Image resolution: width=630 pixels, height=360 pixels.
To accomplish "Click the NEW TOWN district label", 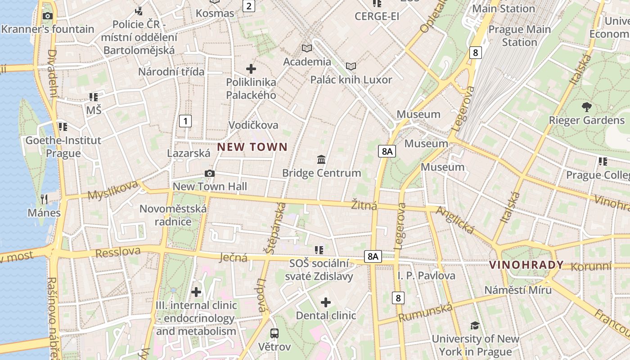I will (252, 147).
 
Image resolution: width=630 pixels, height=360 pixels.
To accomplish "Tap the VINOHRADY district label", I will (526, 265).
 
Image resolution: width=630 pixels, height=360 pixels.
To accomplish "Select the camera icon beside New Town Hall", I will (209, 174).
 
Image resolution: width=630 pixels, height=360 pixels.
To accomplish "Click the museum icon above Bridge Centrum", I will (321, 159).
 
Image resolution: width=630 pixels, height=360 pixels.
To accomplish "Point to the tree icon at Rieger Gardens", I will (586, 107).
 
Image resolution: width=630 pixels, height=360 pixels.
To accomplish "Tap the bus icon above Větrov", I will (274, 333).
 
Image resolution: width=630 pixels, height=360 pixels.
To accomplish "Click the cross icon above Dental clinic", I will (326, 302).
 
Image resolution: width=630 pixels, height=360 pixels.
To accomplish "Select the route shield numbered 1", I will (185, 121).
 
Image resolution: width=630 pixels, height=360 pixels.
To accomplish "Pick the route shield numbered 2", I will (248, 6).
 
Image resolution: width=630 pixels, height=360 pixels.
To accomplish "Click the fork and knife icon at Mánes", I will (44, 199).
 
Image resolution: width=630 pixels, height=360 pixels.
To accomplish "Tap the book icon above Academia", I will (306, 48).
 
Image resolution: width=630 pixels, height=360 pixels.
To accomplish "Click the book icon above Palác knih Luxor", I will (351, 67).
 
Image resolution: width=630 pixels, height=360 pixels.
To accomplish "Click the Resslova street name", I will (118, 252).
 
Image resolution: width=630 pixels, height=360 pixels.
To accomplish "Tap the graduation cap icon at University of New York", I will (475, 325).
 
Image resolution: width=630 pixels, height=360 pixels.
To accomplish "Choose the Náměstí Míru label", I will (517, 290).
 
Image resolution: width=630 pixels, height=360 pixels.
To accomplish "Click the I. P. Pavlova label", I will (426, 275).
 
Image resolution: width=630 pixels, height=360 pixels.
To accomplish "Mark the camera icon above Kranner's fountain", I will (47, 16).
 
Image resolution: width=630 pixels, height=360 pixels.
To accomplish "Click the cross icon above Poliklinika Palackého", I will (251, 69).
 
